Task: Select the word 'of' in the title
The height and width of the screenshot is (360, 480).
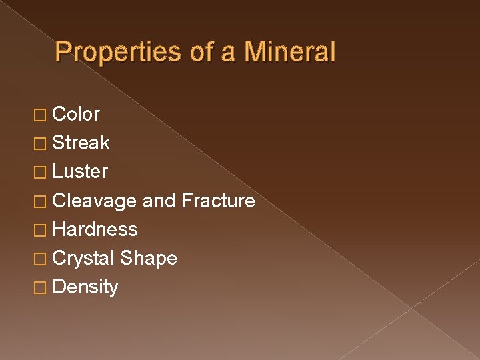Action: pyautogui.click(x=201, y=52)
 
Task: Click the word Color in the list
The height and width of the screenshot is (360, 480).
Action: pyautogui.click(x=76, y=114)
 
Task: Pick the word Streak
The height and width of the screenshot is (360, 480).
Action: pyautogui.click(x=81, y=143)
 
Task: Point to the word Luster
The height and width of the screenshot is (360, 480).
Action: pyautogui.click(x=80, y=172)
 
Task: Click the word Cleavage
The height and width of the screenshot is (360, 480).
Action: pyautogui.click(x=95, y=201)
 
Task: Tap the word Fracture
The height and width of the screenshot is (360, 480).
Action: pyautogui.click(x=218, y=201)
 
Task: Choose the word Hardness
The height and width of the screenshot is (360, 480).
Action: pyautogui.click(x=95, y=229)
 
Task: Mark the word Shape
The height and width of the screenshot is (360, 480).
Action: pyautogui.click(x=149, y=259)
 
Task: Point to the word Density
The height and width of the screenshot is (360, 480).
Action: pyautogui.click(x=85, y=287)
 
